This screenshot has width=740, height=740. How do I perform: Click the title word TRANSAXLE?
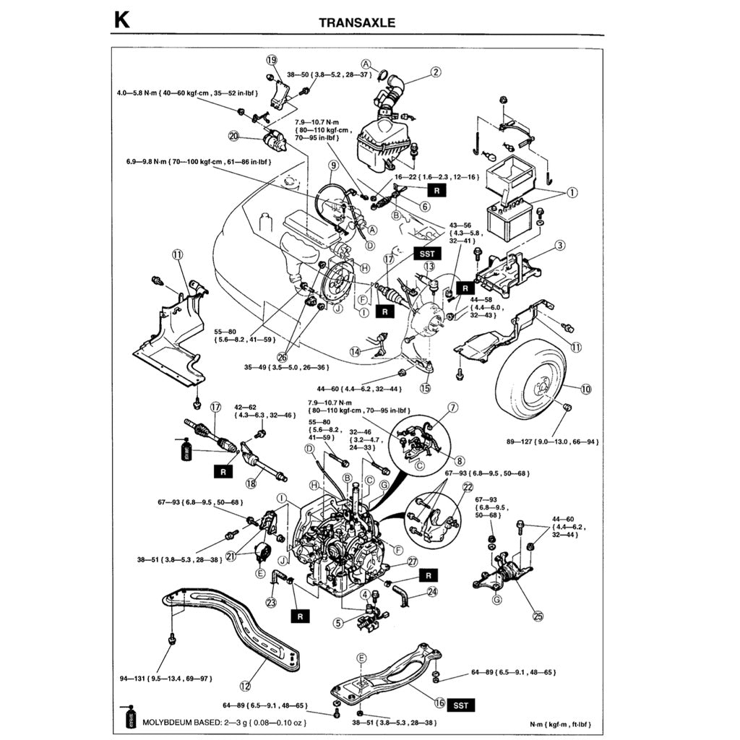pyautogui.click(x=357, y=22)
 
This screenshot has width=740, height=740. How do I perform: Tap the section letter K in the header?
pyautogui.click(x=121, y=20)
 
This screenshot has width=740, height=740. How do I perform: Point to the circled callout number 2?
pyautogui.click(x=435, y=72)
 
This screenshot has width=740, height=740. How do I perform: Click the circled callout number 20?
pyautogui.click(x=233, y=135)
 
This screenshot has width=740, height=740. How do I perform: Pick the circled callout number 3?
pyautogui.click(x=560, y=246)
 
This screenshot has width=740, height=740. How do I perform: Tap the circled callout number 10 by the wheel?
pyautogui.click(x=585, y=389)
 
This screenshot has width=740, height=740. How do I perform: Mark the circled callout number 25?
pyautogui.click(x=538, y=616)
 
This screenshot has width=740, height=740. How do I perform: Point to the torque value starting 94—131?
pyautogui.click(x=165, y=679)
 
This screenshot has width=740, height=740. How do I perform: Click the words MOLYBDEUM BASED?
pyautogui.click(x=176, y=722)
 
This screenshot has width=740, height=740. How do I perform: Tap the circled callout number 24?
pyautogui.click(x=432, y=591)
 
